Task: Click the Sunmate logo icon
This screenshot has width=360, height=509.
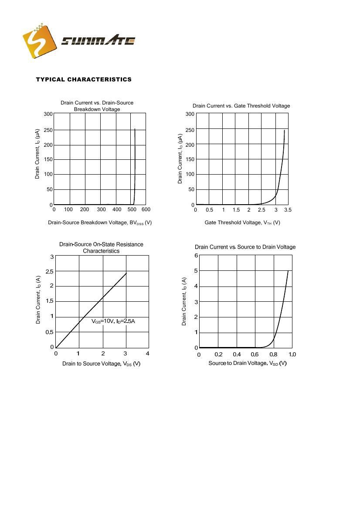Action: (40, 40)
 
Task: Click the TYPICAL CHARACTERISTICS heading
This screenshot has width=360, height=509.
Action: (84, 79)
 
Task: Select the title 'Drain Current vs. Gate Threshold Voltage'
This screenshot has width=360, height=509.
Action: (241, 106)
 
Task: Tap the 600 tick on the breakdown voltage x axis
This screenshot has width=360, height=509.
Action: (146, 209)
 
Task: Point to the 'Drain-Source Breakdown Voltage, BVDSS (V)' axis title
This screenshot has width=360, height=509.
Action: (100, 222)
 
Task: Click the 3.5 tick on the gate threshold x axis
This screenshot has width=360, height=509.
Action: (287, 210)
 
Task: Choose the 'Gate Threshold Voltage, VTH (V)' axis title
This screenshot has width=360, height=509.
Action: (242, 222)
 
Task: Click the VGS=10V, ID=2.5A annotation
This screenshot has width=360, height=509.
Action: (113, 321)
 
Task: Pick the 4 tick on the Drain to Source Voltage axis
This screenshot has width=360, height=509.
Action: (148, 353)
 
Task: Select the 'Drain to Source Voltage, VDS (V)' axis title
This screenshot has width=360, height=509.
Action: (101, 364)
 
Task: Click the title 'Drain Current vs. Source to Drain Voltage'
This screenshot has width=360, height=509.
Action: (245, 247)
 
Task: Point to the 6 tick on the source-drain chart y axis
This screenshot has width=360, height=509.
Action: (196, 256)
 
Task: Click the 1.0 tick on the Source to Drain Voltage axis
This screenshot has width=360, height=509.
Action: (292, 354)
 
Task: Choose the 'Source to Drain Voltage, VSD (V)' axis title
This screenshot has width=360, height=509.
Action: (248, 363)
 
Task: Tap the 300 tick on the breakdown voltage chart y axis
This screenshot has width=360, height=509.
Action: (48, 114)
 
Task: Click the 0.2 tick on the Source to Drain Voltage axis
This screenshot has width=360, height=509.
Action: (218, 354)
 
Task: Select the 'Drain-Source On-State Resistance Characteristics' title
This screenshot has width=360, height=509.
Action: (101, 247)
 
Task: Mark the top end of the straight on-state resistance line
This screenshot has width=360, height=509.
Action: (126, 273)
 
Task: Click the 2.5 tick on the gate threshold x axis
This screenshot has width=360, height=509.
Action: (262, 210)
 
